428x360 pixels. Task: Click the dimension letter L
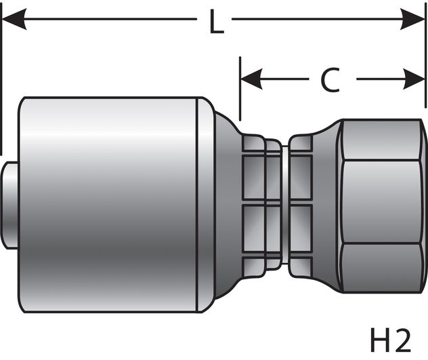click(x=215, y=22)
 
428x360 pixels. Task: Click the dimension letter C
click(x=330, y=81)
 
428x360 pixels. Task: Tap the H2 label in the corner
click(x=391, y=340)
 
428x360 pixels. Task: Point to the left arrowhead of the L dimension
click(x=14, y=20)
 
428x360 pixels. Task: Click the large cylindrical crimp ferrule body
click(x=108, y=203)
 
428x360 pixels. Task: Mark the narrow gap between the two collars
click(x=284, y=203)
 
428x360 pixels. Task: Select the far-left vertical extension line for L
click(x=2, y=81)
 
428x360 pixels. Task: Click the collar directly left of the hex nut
click(x=301, y=203)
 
